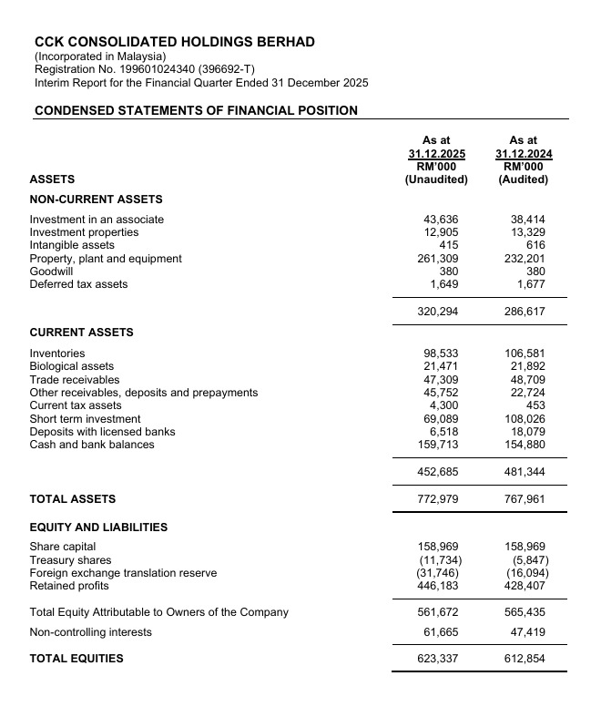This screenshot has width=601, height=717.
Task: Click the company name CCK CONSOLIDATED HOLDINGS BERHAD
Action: coord(174,42)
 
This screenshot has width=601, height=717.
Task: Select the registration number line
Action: coord(144,69)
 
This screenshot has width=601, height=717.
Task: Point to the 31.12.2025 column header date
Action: coord(436,154)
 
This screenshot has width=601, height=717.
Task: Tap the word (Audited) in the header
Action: coord(524,179)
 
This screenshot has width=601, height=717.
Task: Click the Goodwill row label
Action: coord(52,271)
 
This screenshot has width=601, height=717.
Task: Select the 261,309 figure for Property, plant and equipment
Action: coord(437,259)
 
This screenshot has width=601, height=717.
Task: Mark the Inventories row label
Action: coord(57,353)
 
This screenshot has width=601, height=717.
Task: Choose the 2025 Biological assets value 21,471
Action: coord(441,366)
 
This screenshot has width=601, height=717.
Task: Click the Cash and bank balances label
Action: coord(92,445)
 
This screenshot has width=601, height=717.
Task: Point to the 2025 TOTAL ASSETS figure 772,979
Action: coord(437,499)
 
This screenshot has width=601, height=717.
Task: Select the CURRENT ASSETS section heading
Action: coord(81,333)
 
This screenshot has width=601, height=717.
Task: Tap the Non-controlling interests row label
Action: coord(91,632)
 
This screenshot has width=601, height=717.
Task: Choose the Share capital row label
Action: coord(63,547)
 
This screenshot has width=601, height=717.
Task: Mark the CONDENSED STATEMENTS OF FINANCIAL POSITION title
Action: coord(196,111)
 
